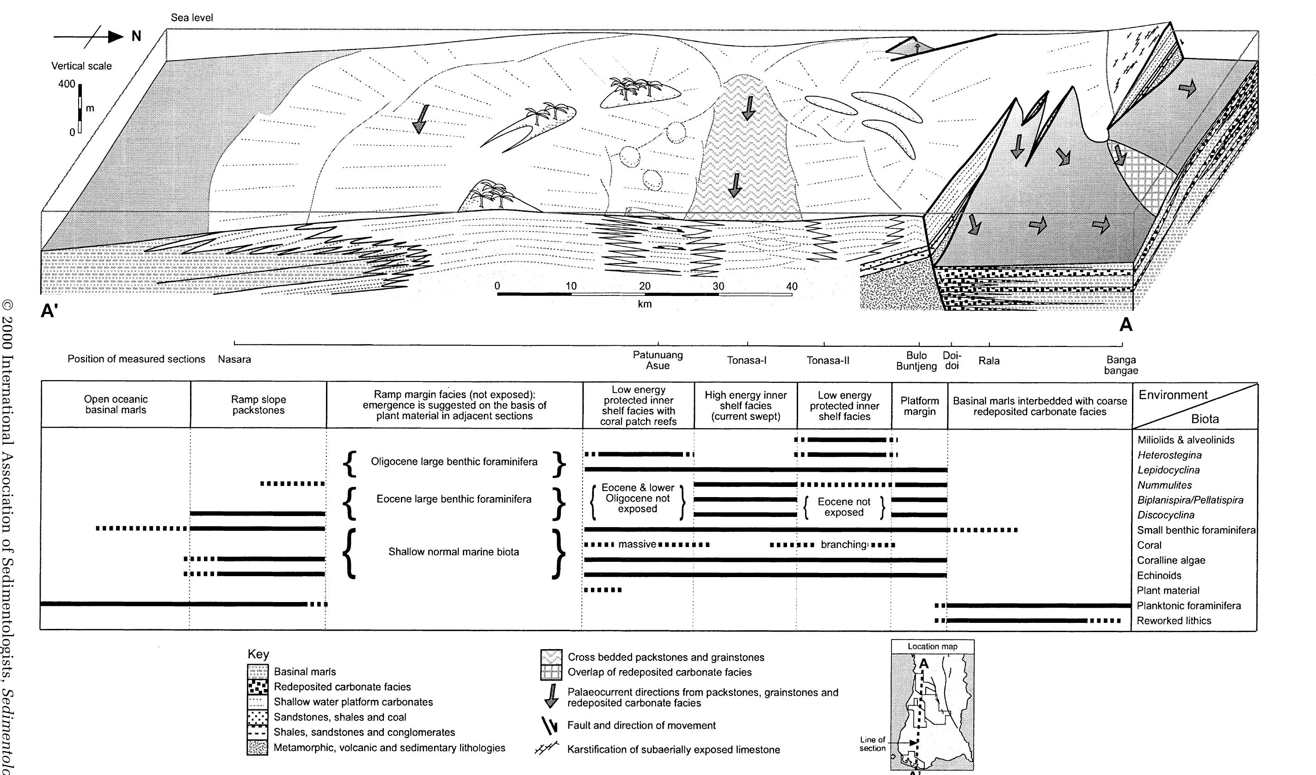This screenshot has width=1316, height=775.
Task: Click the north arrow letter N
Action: (x=136, y=37)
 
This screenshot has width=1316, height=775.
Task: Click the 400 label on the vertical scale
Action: (x=67, y=84)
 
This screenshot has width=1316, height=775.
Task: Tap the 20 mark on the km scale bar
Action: (x=645, y=286)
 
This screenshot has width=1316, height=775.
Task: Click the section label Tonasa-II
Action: (x=828, y=360)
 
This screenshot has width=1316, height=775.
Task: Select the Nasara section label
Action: (x=234, y=359)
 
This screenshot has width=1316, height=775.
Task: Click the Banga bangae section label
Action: (x=1121, y=365)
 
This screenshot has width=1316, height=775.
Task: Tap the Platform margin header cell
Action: (x=920, y=406)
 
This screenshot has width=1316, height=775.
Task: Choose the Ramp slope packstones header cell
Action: (x=258, y=405)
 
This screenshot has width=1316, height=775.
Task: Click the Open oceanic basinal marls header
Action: (x=116, y=405)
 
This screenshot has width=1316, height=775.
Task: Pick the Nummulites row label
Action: (x=1164, y=485)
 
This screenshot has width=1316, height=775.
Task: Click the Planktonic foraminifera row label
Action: (x=1188, y=606)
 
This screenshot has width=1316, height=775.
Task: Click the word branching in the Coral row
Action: (x=843, y=545)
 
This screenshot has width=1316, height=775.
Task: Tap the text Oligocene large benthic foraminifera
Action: (x=454, y=461)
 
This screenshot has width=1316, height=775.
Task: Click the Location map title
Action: (x=932, y=646)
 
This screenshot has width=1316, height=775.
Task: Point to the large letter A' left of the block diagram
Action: (x=49, y=312)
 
